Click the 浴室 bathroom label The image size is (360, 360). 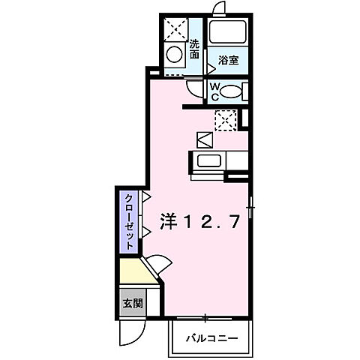click(x=229, y=61)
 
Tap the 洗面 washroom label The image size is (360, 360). click(x=195, y=49)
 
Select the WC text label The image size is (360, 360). click(x=214, y=91)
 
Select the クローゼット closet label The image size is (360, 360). click(x=129, y=221)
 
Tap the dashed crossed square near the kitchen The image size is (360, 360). click(x=225, y=119)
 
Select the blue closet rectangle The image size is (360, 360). click(x=129, y=221)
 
